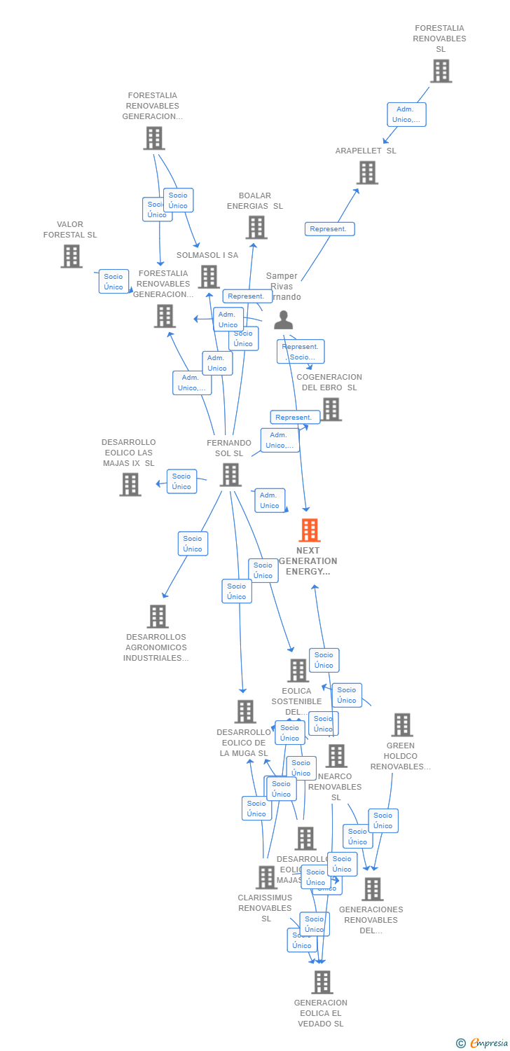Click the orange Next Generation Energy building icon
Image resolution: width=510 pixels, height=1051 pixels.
pos(309,530)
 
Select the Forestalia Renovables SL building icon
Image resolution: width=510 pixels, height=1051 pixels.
pos(441,71)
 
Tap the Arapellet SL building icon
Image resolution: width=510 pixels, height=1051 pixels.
pos(367,172)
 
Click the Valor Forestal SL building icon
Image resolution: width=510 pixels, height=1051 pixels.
pos(71,256)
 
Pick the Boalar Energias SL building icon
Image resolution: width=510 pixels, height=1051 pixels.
pos(256,227)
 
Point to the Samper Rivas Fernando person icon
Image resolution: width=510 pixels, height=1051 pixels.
pos(283,320)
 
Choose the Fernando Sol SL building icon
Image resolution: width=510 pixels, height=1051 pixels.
pos(230,475)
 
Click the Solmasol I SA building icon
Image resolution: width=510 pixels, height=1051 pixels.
pos(209,277)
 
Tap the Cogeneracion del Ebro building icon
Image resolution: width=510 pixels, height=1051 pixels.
pos(331,409)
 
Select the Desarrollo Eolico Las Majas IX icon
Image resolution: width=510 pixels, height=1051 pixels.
pos(130,484)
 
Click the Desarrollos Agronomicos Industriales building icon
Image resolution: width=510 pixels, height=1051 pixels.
pos(158,617)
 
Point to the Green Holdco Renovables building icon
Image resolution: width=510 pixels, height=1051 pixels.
pos(402,725)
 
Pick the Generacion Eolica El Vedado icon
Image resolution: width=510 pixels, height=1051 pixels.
pos(322,982)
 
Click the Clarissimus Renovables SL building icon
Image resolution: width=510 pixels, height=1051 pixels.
pos(266,877)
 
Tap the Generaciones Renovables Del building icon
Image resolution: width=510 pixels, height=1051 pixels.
pos(372,889)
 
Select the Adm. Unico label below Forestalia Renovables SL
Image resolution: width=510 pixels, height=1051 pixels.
pos(406,114)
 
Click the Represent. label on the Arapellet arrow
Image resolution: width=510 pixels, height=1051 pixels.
pos(329,229)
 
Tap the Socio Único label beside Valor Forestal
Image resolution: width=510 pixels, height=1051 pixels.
pos(113,281)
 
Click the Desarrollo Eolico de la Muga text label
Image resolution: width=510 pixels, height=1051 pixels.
pos(244,743)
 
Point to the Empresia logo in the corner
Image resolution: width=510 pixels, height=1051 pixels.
pos(483,1043)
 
